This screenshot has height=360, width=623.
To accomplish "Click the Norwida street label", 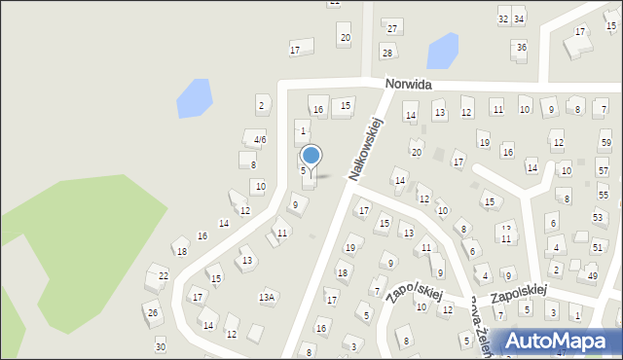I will [407, 85].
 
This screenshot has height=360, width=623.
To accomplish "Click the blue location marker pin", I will [311, 156].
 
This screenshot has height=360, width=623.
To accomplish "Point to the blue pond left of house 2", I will [193, 97].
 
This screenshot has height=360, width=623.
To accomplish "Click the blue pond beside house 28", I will [443, 49].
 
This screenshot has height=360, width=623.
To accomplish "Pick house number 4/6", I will [259, 140].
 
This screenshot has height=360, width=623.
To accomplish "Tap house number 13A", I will [267, 297].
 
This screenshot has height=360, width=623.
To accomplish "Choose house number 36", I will [522, 47].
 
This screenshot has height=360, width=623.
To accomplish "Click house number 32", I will [503, 18].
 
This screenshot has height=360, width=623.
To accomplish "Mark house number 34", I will [519, 18].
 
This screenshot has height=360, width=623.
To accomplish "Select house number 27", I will [392, 27].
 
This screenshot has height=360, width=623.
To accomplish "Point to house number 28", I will [387, 53].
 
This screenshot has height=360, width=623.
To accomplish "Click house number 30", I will [161, 347].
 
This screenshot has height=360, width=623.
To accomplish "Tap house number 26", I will [153, 312].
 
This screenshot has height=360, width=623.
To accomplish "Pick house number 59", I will [605, 143].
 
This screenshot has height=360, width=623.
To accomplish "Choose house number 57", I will [603, 171].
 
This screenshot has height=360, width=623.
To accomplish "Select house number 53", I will [598, 218].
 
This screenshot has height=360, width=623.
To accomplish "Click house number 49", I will [592, 277].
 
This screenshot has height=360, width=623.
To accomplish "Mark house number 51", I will [597, 248].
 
